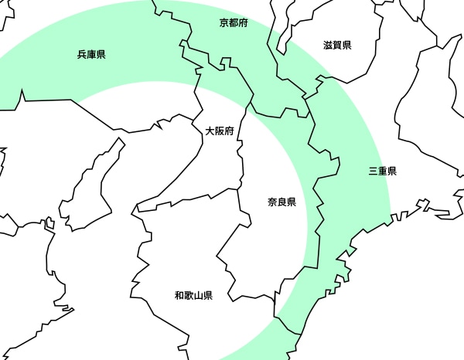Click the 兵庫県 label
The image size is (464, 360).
(x=91, y=55)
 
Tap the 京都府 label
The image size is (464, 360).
(x=234, y=23)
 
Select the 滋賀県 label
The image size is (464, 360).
(x=337, y=45)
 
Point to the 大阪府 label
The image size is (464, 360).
(x=220, y=131)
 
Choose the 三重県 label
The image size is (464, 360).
(x=383, y=171)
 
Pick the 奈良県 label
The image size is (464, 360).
(x=282, y=202)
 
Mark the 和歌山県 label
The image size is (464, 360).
(x=193, y=295)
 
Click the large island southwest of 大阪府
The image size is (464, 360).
(x=93, y=185)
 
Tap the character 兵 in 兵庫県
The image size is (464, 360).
(x=82, y=55)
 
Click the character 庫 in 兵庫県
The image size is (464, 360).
(x=91, y=55)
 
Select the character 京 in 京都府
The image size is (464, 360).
(x=224, y=23)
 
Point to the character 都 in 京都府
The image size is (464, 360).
(x=234, y=23)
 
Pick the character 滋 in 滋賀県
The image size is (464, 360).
(x=328, y=45)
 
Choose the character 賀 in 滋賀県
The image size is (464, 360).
(x=337, y=45)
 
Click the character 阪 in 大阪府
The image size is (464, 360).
(x=220, y=131)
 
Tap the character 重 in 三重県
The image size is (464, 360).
(x=383, y=171)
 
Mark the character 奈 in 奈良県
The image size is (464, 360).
(x=273, y=202)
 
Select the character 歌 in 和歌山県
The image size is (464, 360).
(x=189, y=295)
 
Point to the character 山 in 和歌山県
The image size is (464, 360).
(x=198, y=295)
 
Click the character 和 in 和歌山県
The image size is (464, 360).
(x=179, y=295)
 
